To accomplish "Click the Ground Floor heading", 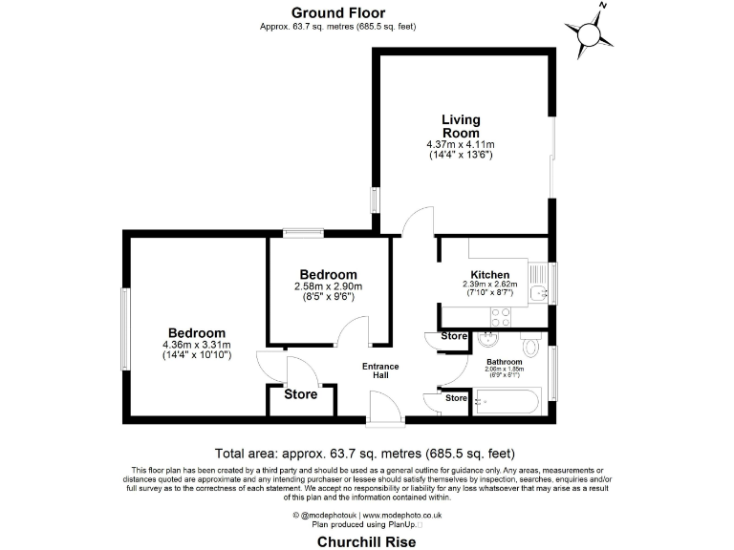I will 337,12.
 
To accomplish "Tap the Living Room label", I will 461,126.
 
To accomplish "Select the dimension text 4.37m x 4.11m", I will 461,144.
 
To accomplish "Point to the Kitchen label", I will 489,274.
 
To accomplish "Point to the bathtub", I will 507,403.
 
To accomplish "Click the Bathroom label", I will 504,362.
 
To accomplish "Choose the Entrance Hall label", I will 380,371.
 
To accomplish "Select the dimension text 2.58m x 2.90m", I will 328,286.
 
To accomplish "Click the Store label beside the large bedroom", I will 300,393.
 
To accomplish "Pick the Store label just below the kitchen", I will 454,336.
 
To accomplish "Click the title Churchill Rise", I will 366,539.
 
